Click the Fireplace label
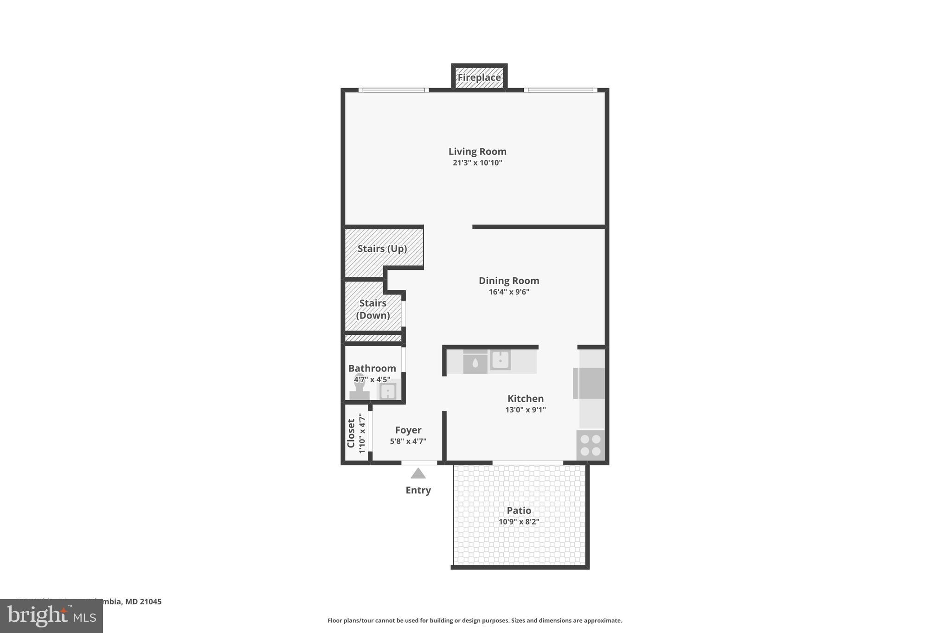tap(479, 77)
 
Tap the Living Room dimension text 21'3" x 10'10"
tap(477, 163)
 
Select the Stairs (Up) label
tap(382, 249)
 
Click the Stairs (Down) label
tap(373, 309)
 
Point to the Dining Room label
tap(509, 281)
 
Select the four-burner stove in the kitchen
tap(591, 445)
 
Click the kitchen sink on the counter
tap(501, 360)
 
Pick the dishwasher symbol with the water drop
tap(475, 363)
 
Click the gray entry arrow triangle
tap(418, 473)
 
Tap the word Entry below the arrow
tap(418, 490)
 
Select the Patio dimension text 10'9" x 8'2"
tap(519, 522)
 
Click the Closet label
tap(351, 433)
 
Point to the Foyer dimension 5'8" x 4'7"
tap(408, 441)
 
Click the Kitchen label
tap(525, 398)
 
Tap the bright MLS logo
tap(51, 616)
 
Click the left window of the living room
tap(393, 90)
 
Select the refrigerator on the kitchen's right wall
tap(590, 383)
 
